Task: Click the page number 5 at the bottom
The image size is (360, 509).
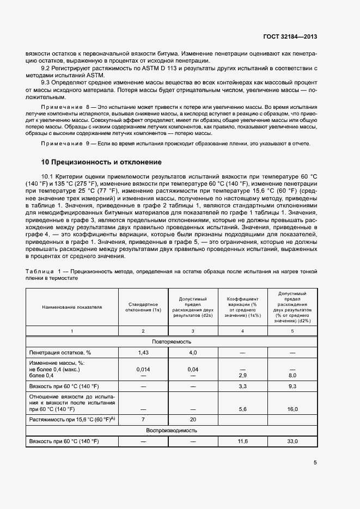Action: [316, 463]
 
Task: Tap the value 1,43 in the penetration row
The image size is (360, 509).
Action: [143, 352]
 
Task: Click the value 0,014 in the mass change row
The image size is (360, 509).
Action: [143, 369]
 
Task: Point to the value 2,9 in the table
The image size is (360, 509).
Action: [242, 376]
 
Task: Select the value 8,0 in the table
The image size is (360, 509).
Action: [292, 376]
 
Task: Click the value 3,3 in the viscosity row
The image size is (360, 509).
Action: [242, 386]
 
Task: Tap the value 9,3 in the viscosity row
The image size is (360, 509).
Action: [292, 386]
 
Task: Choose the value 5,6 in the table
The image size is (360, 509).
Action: [242, 409]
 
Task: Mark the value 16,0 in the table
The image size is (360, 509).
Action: [292, 409]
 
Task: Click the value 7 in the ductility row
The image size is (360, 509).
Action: [143, 420]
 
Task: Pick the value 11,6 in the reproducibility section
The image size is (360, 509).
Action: [242, 440]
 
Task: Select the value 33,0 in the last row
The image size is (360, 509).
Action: [292, 440]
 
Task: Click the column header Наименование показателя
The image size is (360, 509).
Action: [72, 307]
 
